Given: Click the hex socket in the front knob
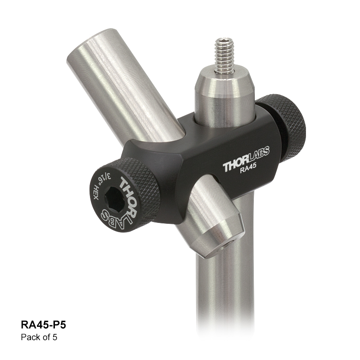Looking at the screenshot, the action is (114, 200).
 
